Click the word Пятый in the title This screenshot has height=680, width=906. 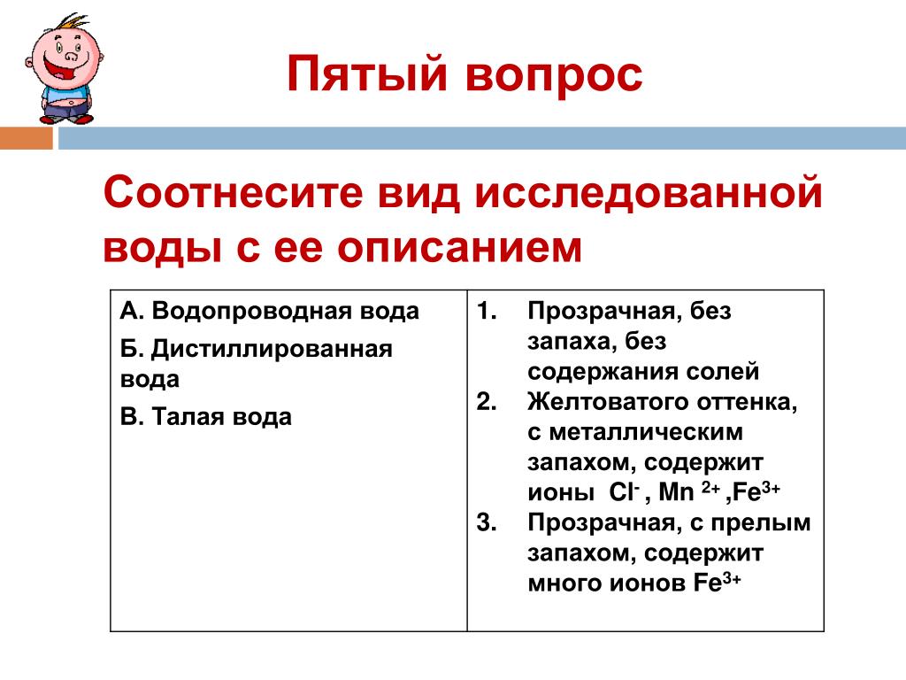[367, 74]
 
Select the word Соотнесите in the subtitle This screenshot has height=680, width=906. [234, 192]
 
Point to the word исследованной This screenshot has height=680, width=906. [649, 194]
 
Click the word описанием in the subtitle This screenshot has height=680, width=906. [459, 249]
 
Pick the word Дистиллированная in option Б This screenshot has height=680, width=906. [272, 349]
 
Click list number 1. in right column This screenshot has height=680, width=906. [487, 311]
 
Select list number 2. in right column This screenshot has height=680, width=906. [487, 401]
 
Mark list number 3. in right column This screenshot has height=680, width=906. [487, 522]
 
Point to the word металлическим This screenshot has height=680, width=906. [646, 432]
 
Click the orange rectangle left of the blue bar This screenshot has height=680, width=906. [26, 138]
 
